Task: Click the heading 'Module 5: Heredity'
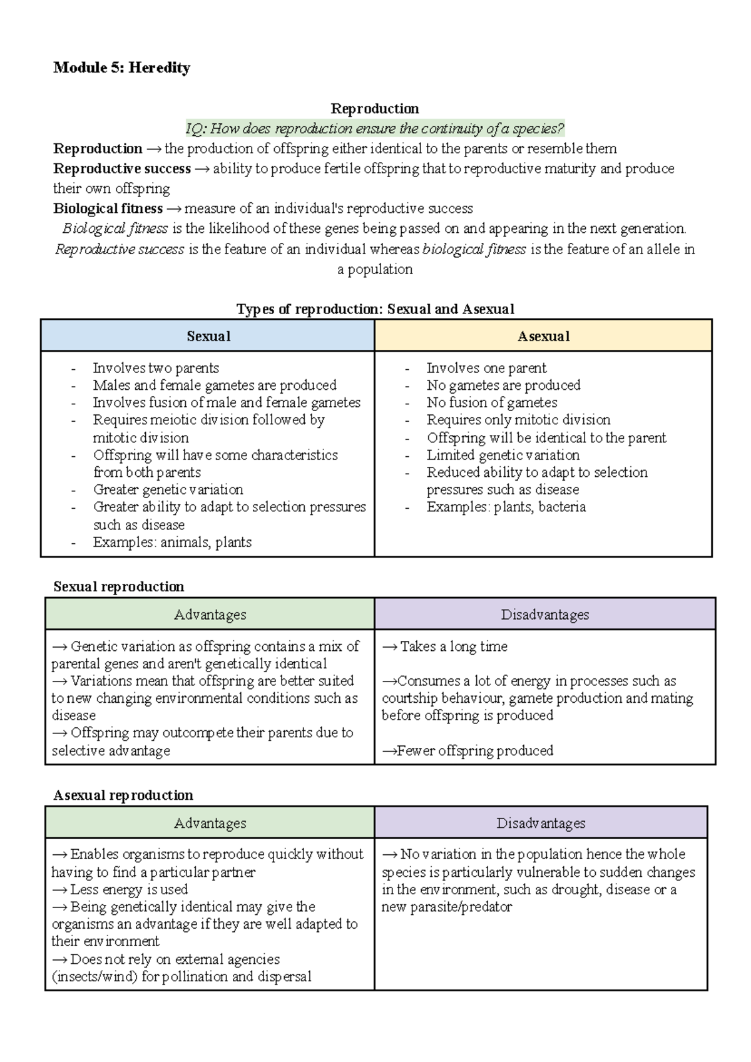121,68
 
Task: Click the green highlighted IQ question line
375,129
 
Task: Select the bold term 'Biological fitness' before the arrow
108,208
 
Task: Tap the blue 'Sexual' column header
208,336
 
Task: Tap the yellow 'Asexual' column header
543,336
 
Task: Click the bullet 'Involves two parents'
156,368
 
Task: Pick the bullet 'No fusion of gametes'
491,402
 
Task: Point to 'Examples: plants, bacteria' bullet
506,507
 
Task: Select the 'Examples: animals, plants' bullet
172,542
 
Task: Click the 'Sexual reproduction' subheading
118,586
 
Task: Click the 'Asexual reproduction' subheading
123,795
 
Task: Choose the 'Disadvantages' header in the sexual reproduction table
544,615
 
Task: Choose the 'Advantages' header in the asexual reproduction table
210,823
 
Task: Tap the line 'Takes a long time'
453,646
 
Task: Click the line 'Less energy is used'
128,889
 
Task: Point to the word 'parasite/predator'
461,907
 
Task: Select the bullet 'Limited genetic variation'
503,455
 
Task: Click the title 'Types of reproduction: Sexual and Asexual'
375,309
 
